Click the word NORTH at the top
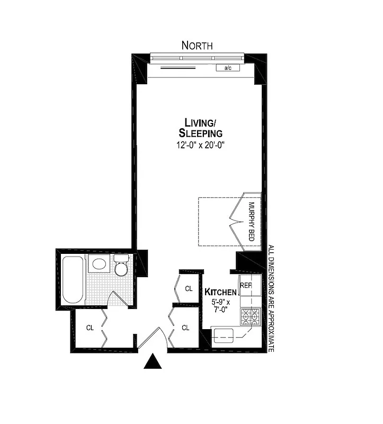click(x=197, y=46)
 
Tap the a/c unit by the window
click(x=228, y=68)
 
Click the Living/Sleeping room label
click(x=200, y=127)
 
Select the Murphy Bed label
click(x=252, y=222)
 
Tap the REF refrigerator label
click(x=245, y=286)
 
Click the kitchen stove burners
click(x=250, y=317)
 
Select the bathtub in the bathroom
click(x=73, y=280)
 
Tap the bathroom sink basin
click(x=98, y=263)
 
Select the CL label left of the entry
click(x=90, y=328)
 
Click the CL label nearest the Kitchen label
click(x=188, y=289)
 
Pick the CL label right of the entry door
click(x=185, y=328)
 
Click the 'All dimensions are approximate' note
click(x=271, y=299)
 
